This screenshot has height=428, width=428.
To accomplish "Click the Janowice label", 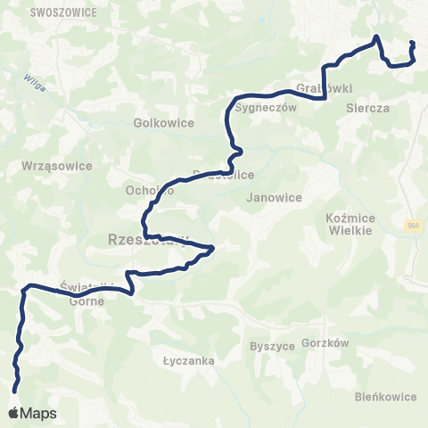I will pos(274,197).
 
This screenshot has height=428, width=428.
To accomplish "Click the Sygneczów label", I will pos(260,106).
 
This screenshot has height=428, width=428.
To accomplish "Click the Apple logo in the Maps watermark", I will pos(13,413).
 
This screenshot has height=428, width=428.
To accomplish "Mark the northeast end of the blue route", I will pos(411,43).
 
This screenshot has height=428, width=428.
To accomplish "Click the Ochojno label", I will pos(149,191).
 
